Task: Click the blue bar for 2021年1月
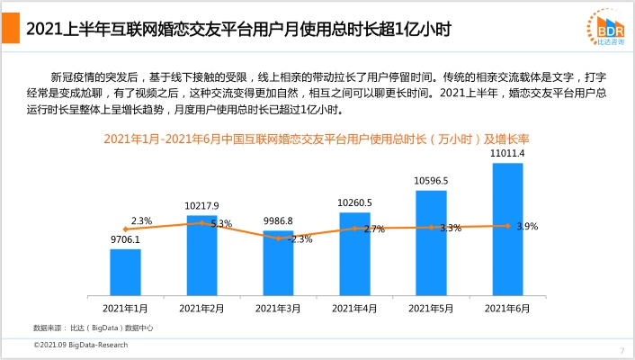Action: tap(125, 272)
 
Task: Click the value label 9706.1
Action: tap(125, 240)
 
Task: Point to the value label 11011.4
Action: tap(507, 155)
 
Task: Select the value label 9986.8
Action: tap(278, 220)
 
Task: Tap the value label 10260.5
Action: tap(354, 202)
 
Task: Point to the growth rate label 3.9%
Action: tap(527, 227)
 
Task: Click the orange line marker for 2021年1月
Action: tap(125, 229)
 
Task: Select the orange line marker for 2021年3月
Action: tap(278, 238)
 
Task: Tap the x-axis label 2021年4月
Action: tap(354, 308)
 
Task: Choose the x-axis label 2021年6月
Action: tap(507, 308)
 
